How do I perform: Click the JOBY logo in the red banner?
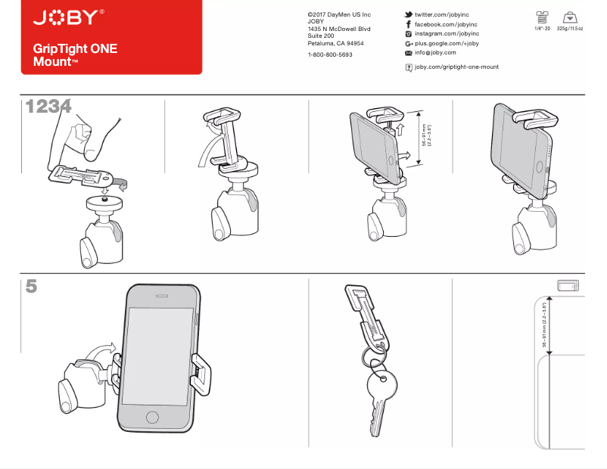tap(67, 17)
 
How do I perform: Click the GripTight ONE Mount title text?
tap(75, 55)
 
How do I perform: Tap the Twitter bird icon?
tap(409, 15)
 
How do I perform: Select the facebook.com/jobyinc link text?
tap(447, 24)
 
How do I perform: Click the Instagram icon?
tap(409, 34)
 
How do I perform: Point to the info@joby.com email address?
tap(435, 53)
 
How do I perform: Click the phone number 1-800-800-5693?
tap(330, 55)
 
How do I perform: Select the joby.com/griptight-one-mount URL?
tap(456, 67)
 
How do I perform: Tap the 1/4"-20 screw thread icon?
tap(541, 17)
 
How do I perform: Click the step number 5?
tap(31, 287)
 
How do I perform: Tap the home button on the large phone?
tap(153, 418)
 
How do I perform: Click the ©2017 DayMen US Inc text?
tap(339, 15)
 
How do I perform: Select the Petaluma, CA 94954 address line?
tap(335, 44)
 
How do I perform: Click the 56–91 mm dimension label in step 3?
tap(426, 135)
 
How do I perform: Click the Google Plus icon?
tap(409, 44)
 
